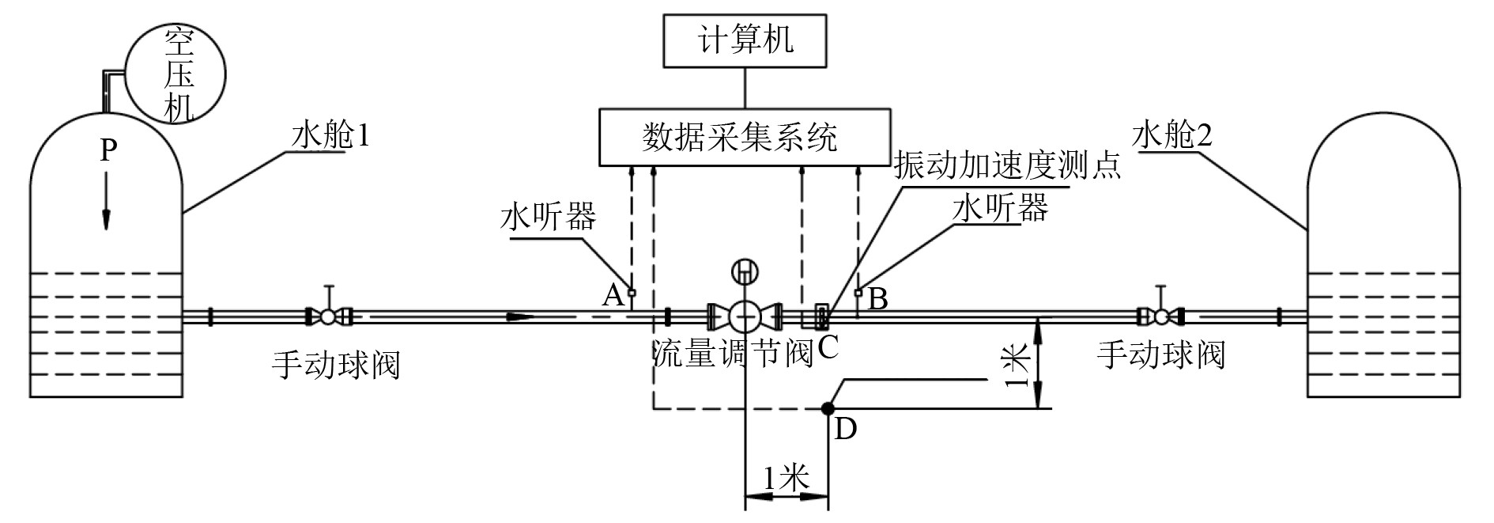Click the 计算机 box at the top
[745, 40]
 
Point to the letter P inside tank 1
[108, 151]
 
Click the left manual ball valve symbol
[328, 316]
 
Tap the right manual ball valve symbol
[1160, 316]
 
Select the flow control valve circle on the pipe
[745, 316]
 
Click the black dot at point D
[827, 408]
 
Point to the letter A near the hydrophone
[613, 296]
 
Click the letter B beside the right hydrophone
[877, 299]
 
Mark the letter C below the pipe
[828, 347]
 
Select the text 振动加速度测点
[1007, 166]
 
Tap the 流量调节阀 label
[733, 354]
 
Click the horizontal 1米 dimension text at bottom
[787, 477]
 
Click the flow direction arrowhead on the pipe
[522, 316]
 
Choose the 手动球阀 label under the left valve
[336, 364]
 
